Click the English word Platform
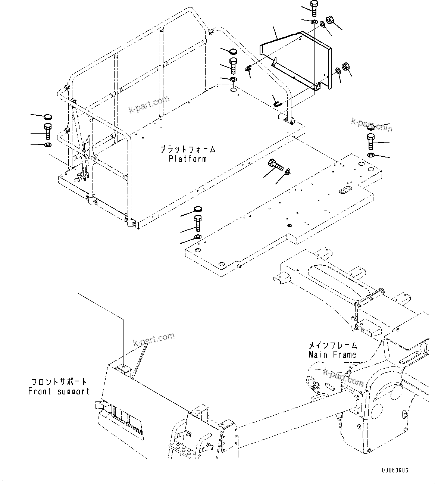[188, 159]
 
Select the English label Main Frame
[332, 355]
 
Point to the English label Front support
[59, 391]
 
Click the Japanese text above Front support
[59, 382]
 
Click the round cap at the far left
[48, 117]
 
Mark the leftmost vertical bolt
[48, 131]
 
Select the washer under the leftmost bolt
[48, 144]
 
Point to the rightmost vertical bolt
[371, 141]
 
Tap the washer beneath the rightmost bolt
[371, 155]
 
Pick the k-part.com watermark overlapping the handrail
[149, 104]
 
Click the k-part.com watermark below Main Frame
[343, 377]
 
